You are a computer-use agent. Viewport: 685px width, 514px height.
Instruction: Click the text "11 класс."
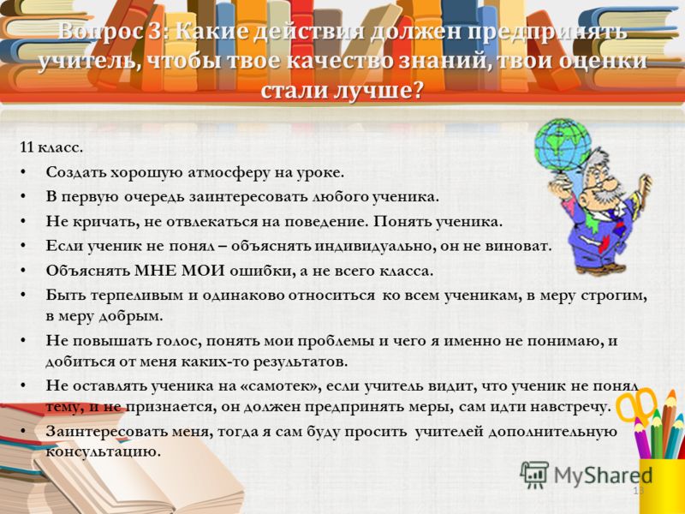[51, 147]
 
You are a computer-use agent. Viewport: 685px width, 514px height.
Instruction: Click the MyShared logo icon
[533, 475]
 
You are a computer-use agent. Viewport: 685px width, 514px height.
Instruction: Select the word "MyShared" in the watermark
[604, 475]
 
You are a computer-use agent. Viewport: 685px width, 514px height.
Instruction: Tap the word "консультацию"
[103, 451]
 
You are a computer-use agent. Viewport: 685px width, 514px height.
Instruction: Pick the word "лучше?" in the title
[379, 91]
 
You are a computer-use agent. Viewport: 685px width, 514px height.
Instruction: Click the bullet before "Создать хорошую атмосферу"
[23, 173]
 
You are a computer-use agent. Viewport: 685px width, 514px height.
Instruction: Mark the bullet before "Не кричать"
[23, 222]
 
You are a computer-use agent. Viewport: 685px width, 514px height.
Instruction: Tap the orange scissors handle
[636, 404]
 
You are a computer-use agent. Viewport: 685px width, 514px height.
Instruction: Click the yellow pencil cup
[662, 486]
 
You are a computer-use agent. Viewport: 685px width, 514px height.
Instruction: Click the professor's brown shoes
[602, 267]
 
